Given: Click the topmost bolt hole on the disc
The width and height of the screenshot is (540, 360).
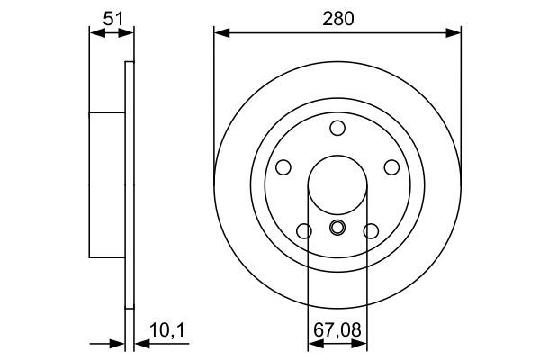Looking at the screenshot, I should [337, 128].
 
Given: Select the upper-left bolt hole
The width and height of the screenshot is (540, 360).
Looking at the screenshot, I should [283, 167].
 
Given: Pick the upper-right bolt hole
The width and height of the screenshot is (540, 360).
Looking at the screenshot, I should [391, 167].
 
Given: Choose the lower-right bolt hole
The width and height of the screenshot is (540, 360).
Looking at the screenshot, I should [370, 231].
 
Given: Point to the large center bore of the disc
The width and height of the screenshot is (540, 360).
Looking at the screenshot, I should [337, 185].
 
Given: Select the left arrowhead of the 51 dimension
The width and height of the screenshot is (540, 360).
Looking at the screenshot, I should [94, 34].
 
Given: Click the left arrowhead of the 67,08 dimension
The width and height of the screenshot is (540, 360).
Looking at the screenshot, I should [313, 344].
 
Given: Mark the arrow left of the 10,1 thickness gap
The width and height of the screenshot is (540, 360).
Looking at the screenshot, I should [118, 344].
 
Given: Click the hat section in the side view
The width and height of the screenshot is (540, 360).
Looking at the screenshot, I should [106, 184].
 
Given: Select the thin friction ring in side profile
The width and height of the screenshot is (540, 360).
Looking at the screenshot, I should [128, 184].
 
